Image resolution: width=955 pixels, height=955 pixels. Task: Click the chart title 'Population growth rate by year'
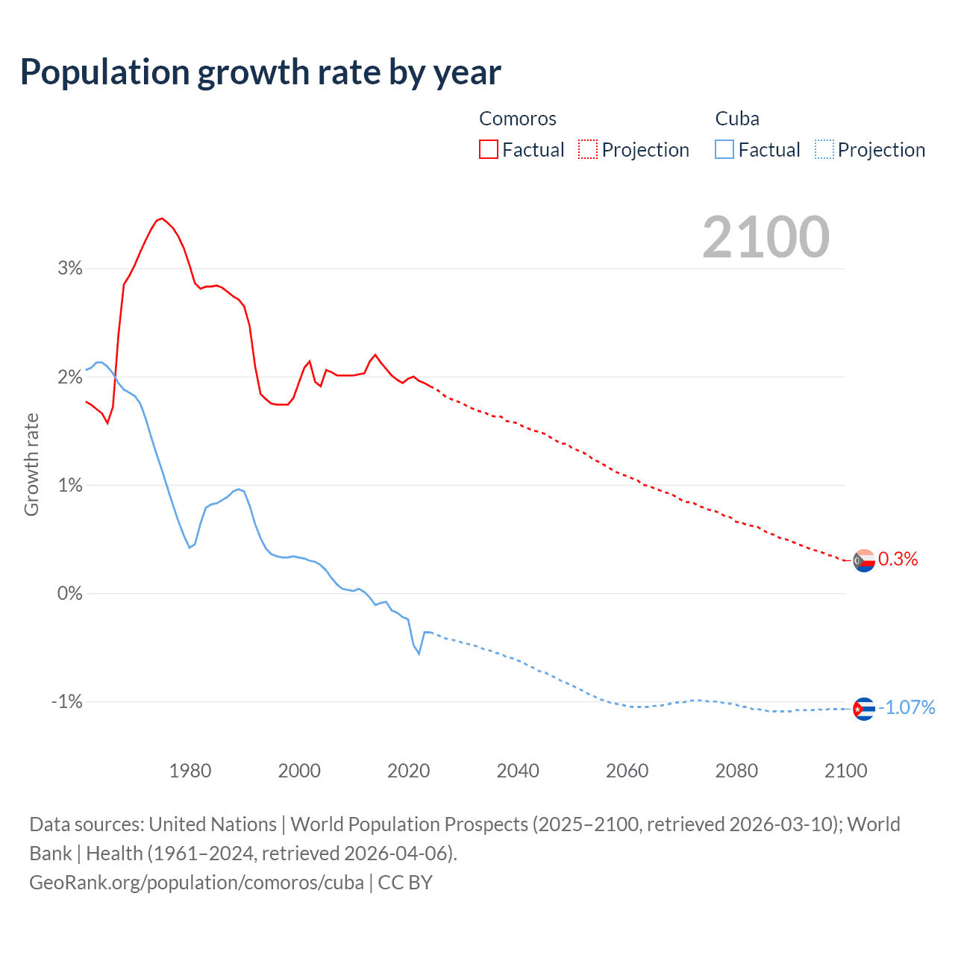coord(260,72)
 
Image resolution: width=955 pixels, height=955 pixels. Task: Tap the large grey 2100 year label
coord(765,237)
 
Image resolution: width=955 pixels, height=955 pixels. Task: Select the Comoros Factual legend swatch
coord(488,149)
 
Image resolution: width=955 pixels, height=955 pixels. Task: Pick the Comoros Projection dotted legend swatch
coord(588,149)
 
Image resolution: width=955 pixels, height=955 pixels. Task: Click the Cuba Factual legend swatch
coord(724,149)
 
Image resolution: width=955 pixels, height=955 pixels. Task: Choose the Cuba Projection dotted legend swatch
coord(824,149)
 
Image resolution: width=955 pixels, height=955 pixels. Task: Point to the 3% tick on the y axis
coord(70,269)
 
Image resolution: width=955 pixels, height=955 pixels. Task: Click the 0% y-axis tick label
coord(70,594)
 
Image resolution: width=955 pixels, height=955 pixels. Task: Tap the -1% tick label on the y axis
coord(66,702)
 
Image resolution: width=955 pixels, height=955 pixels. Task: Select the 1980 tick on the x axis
coord(190,771)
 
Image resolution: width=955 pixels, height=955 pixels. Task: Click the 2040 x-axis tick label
coord(518,771)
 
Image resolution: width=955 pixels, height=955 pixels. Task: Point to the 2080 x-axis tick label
coord(736,771)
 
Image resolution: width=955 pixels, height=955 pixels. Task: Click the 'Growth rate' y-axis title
coord(31,464)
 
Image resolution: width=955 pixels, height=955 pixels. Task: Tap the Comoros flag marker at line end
coord(864,560)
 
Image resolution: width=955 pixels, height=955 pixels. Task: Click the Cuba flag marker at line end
coord(864,708)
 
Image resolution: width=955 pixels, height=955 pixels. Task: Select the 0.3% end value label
coord(898,560)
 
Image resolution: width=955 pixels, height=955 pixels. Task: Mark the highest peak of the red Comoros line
coord(162,218)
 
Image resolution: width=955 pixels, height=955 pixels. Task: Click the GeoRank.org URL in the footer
coord(196,883)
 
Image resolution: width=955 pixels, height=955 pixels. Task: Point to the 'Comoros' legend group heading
coord(517,119)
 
